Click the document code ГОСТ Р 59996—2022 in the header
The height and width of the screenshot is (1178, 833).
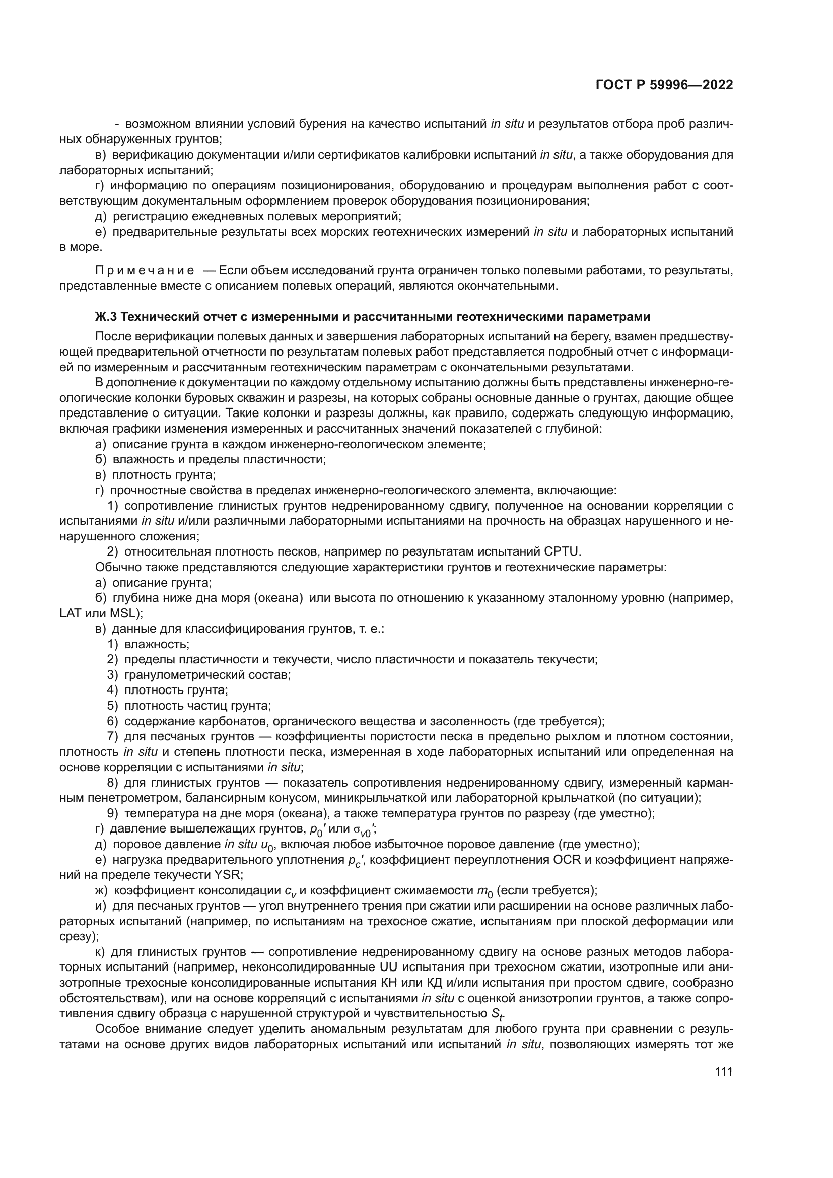pos(664,85)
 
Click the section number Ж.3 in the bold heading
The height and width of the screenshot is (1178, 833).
pos(106,317)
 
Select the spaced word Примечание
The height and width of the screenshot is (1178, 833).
pos(145,270)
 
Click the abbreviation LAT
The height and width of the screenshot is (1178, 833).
pos(71,613)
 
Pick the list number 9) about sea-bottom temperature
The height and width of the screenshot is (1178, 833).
pos(113,814)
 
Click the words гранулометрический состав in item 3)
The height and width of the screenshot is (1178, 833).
pos(207,675)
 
